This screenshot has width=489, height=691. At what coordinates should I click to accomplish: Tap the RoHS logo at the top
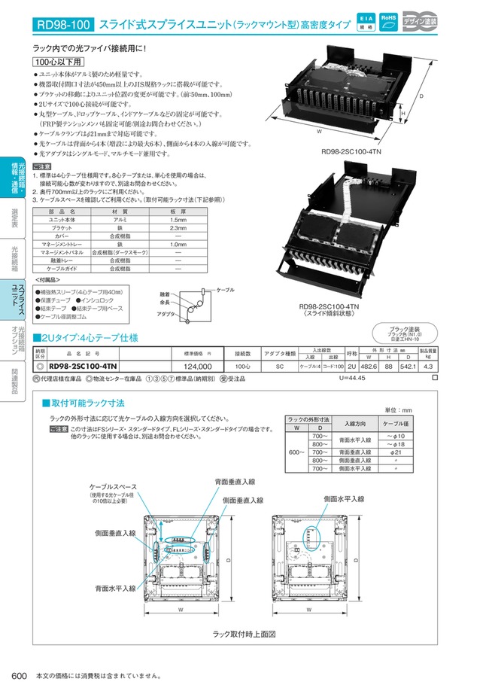click(388, 22)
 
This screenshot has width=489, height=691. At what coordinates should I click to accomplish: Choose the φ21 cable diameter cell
click(396, 452)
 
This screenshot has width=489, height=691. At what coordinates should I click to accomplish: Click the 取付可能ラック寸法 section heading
click(87, 404)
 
